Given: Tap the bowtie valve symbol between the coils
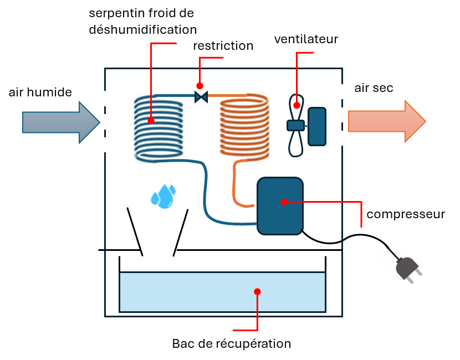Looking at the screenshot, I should [201, 97].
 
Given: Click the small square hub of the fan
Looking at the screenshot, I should [295, 126].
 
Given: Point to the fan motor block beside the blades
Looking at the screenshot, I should [317, 126].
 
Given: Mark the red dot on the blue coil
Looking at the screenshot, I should [151, 120].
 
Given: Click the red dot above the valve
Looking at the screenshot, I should [200, 86].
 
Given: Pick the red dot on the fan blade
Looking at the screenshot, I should [297, 105].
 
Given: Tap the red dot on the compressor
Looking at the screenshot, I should [284, 202].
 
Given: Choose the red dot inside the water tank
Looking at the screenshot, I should [257, 291].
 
